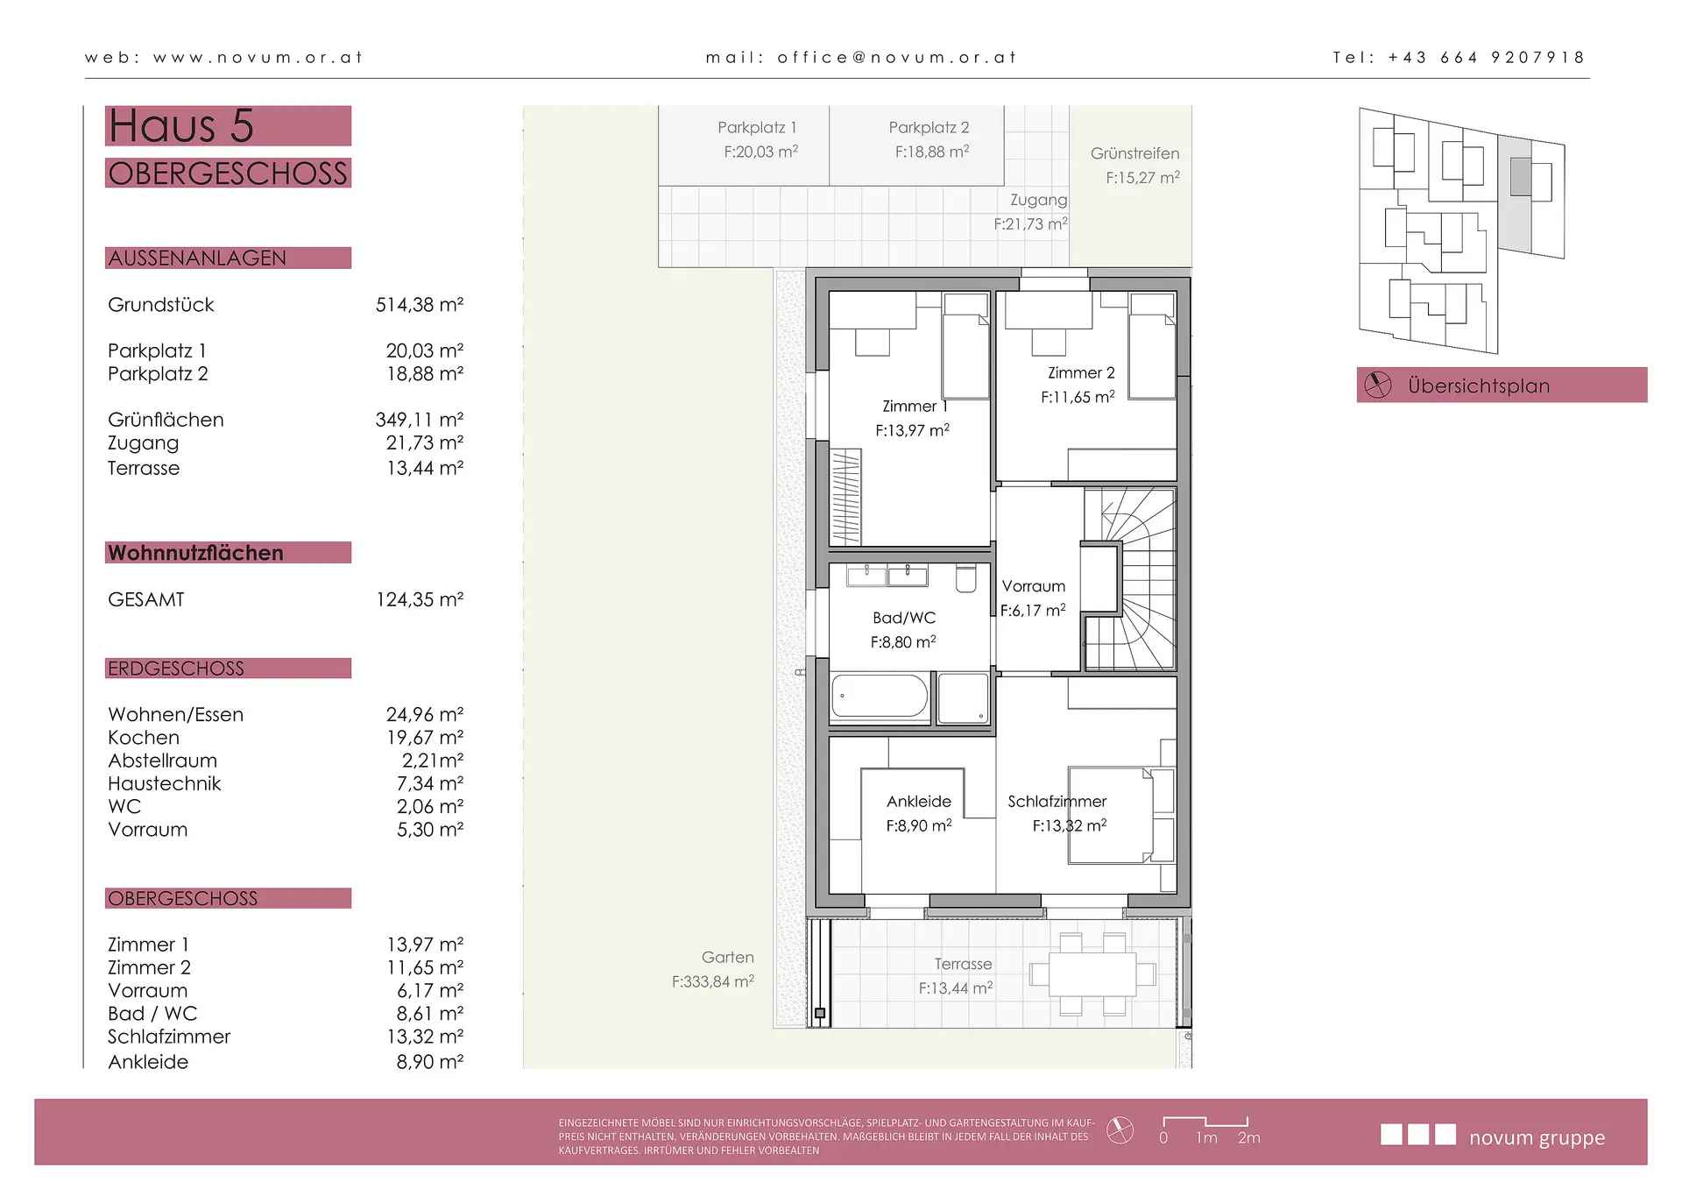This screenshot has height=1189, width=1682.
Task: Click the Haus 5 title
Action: tap(181, 125)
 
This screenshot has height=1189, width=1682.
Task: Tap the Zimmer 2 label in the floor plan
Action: tap(1081, 372)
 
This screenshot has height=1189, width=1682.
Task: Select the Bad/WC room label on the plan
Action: tap(904, 618)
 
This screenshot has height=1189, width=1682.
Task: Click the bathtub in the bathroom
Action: tap(880, 697)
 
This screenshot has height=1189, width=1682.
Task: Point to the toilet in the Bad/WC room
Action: tap(965, 579)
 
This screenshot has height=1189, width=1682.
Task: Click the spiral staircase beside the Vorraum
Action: tap(1130, 579)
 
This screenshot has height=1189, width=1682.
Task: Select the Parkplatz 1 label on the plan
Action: tap(757, 128)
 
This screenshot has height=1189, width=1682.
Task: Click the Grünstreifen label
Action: tap(1134, 153)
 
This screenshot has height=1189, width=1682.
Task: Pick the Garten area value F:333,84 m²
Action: tap(713, 981)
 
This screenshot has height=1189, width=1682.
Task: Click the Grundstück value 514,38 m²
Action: tap(420, 305)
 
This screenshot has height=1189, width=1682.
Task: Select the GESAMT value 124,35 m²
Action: tap(420, 599)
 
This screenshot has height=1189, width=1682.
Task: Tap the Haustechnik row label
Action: tap(165, 783)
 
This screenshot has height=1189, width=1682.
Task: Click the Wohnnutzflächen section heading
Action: tap(195, 553)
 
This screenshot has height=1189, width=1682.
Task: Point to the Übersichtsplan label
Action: tap(1479, 386)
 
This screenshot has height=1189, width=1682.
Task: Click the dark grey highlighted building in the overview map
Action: tap(1520, 177)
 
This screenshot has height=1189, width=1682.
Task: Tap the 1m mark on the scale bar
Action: tap(1206, 1137)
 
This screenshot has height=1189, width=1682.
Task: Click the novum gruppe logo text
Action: tap(1537, 1137)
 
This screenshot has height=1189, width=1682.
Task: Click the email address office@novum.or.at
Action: tap(897, 58)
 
